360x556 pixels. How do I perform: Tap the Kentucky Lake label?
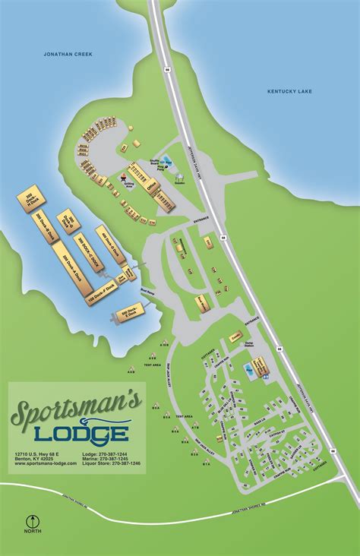point(289,91)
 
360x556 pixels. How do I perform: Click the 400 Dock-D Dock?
point(110,244)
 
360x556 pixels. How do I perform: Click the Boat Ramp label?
point(148,289)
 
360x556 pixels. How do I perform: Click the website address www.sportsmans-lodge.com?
point(46,463)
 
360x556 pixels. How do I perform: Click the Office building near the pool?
point(261,367)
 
